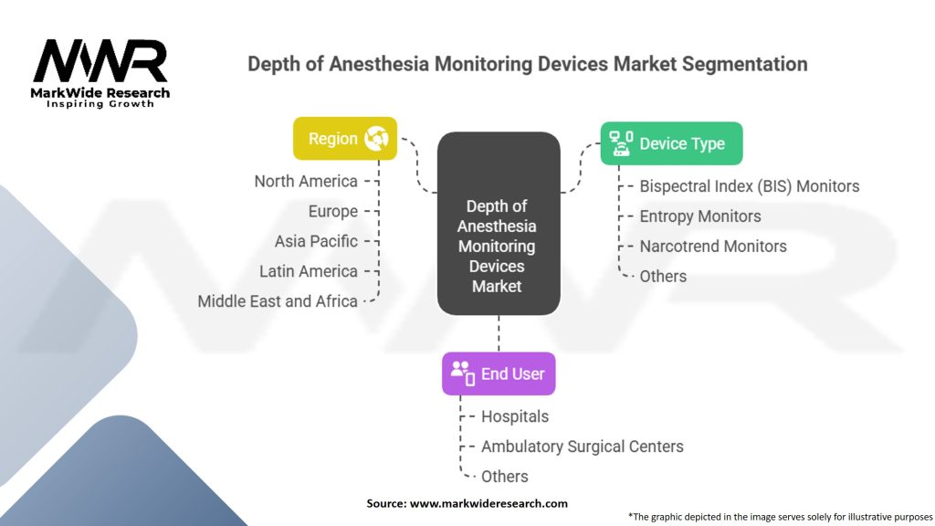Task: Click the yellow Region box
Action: [x=344, y=139]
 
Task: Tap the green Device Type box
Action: [x=671, y=143]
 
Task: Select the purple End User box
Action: [x=499, y=373]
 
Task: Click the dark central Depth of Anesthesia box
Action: [x=499, y=224]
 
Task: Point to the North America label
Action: [x=306, y=182]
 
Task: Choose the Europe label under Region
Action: [x=332, y=212]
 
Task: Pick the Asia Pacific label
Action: [x=316, y=241]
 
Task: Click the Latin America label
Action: [x=309, y=271]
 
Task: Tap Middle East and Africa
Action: [x=278, y=301]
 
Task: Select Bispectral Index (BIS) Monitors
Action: [x=750, y=186]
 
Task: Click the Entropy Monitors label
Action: [x=700, y=216]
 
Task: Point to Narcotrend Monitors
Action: [x=713, y=247]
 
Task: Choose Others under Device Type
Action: [x=663, y=277]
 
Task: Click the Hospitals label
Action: [x=515, y=416]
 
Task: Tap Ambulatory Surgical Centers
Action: [x=582, y=447]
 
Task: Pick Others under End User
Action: [x=504, y=477]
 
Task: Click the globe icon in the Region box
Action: [x=377, y=139]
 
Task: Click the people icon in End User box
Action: [x=463, y=373]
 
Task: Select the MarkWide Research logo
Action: [x=100, y=73]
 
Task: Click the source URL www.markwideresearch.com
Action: [x=489, y=504]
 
